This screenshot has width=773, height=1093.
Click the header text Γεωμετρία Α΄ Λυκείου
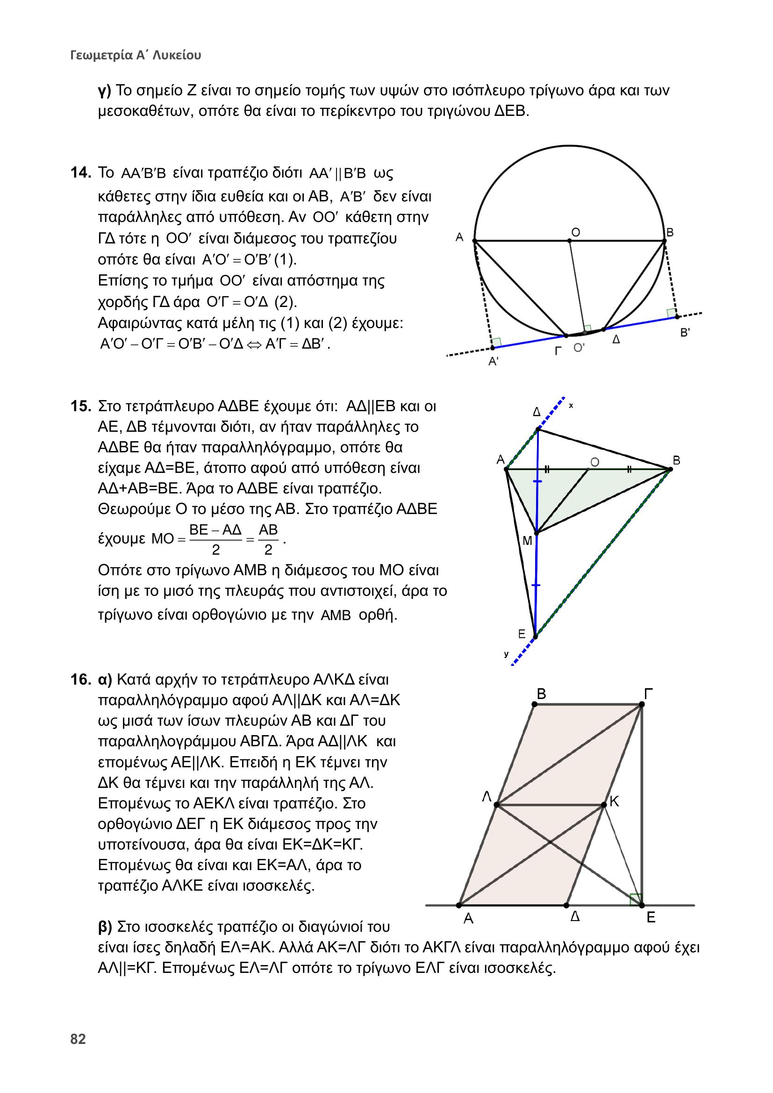136,55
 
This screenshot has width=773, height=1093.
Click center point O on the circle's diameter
569,241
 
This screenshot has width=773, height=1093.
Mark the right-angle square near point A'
496,342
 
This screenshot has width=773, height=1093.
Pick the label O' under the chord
579,348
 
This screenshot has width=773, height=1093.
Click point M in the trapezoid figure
536,533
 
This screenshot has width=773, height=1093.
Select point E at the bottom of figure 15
535,636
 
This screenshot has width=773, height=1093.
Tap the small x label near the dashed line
571,406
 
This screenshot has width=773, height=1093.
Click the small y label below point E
507,655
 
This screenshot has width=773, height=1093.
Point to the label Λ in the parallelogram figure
487,797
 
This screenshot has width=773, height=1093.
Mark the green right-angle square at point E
636,899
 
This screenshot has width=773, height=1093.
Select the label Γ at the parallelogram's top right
648,694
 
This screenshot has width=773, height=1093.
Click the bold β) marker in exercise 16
105,927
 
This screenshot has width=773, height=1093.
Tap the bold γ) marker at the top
105,90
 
